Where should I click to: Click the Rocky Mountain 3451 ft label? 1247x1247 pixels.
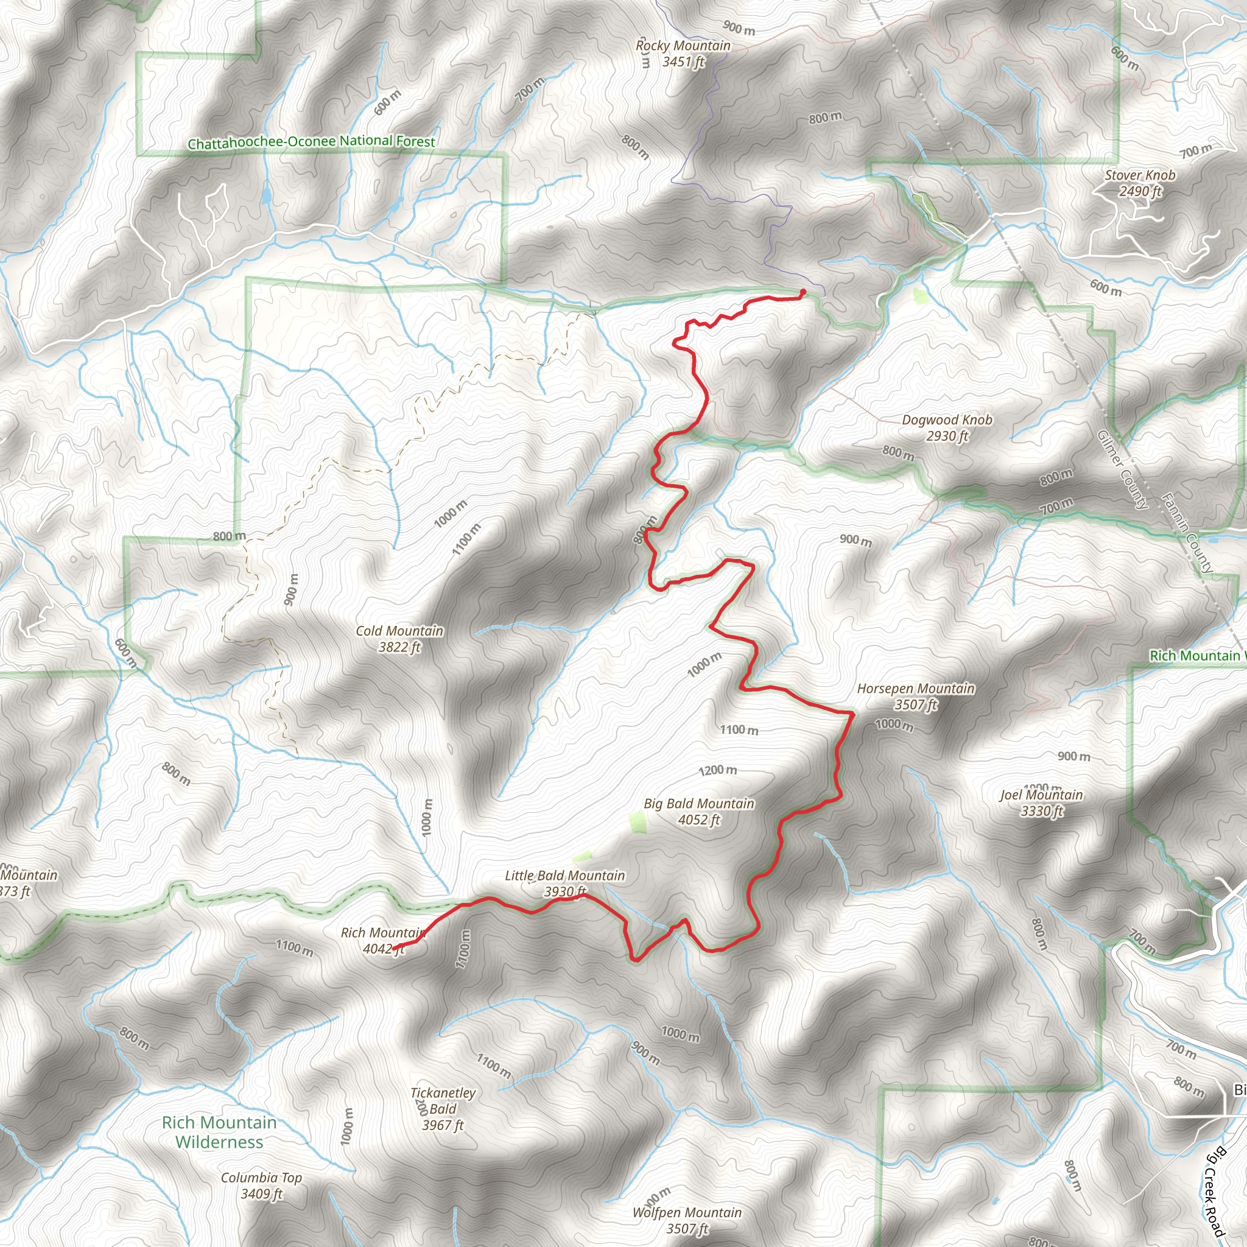coord(683,54)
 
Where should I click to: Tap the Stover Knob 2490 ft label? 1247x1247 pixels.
coord(1140,183)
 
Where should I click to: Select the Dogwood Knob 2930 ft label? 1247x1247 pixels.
coord(947,428)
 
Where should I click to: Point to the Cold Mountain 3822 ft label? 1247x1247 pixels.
coord(399,639)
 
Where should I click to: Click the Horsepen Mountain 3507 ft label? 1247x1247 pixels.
coord(915,697)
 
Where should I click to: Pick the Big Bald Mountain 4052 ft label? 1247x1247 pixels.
coord(699,811)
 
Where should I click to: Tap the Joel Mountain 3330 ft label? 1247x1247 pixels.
coord(1042,803)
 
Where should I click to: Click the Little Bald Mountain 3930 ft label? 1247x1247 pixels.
coord(565,883)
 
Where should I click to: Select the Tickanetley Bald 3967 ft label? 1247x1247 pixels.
coord(443,1109)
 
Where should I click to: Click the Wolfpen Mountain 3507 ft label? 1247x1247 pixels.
coord(687,1221)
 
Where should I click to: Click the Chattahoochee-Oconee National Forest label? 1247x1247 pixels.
coord(311,142)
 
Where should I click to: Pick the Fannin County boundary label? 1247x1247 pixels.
coord(1186,533)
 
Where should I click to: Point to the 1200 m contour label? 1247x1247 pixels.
coord(718,770)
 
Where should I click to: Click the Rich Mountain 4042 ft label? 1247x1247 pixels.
coord(383,940)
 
